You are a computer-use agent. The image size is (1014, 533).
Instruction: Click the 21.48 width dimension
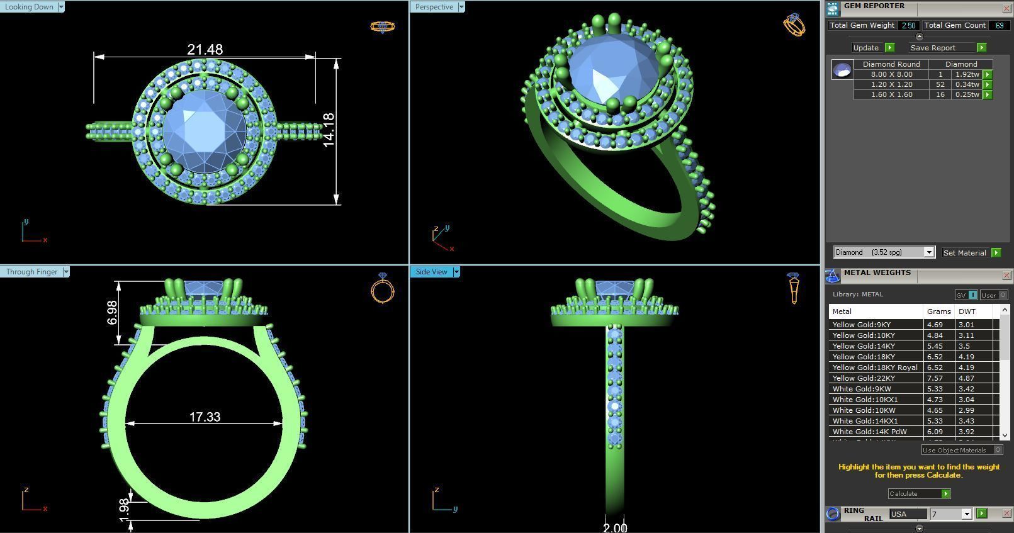tap(205, 49)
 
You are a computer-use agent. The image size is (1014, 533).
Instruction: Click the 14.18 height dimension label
tap(329, 130)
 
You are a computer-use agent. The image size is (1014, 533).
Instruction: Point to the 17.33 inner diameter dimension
tap(205, 417)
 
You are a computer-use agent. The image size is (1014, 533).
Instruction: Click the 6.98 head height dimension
tap(112, 312)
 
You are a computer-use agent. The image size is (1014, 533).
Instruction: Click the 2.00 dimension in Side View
tap(614, 527)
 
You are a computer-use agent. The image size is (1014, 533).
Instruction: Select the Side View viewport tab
tap(431, 272)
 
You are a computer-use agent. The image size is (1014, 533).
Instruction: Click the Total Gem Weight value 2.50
tap(908, 25)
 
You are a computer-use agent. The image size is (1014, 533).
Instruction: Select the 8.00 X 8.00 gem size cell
tap(891, 74)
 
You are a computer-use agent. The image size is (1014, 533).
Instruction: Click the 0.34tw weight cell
tap(967, 84)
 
